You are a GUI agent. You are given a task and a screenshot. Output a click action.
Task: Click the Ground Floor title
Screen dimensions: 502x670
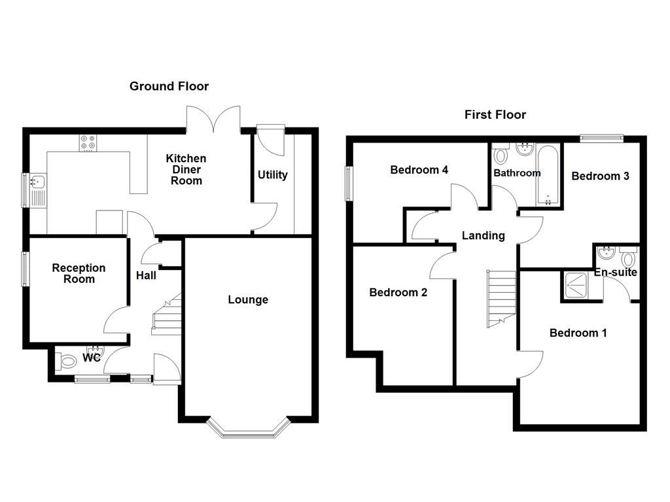point(169,86)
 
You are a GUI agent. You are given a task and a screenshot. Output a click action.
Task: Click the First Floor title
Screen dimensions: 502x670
point(495,115)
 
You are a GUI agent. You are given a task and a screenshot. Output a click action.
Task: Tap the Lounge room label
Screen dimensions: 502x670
point(248,300)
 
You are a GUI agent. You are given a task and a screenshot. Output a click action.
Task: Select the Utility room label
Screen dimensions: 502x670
point(272,175)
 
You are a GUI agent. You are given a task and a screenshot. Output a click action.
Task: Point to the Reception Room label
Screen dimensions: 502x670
point(79,273)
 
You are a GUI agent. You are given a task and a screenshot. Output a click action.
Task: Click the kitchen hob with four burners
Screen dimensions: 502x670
point(88,143)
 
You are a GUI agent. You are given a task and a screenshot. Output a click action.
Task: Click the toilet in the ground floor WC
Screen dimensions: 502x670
point(66,360)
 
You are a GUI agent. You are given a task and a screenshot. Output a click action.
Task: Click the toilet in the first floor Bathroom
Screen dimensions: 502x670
point(502,154)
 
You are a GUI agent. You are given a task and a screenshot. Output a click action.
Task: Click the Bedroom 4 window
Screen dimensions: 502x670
point(348,184)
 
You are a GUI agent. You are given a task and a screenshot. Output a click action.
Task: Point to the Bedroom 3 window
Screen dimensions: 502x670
point(601,137)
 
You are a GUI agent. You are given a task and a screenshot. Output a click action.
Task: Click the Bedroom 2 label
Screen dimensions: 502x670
point(398,293)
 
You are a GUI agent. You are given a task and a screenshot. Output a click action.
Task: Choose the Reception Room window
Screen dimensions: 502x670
point(25,269)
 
